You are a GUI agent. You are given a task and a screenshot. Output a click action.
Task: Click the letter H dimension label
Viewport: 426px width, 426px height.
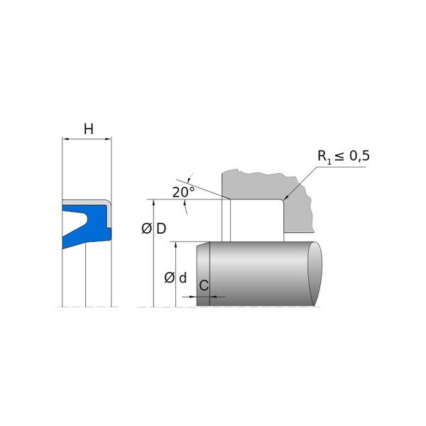click(x=89, y=129)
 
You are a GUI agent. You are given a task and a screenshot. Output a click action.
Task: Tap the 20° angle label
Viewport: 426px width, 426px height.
click(x=183, y=192)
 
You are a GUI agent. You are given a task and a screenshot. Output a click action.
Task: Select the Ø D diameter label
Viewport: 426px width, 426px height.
click(x=154, y=229)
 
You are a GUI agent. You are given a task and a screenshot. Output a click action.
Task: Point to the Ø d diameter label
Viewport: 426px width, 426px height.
click(x=175, y=278)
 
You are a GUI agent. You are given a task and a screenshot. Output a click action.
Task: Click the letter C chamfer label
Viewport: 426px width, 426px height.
click(x=204, y=285)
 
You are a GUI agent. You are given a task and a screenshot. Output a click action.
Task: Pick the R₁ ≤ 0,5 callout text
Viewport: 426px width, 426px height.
click(x=344, y=157)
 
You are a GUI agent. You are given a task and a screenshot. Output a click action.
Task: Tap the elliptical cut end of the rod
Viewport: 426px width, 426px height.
click(x=315, y=273)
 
